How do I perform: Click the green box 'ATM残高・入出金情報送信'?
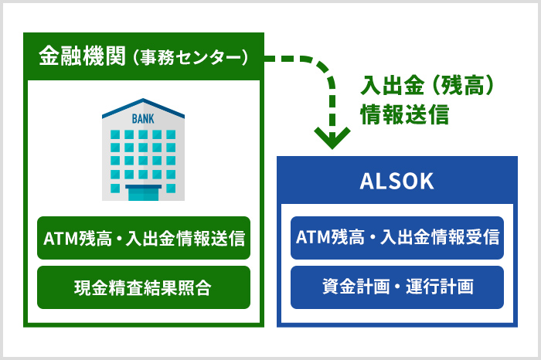(144, 238)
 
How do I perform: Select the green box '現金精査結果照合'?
(144, 287)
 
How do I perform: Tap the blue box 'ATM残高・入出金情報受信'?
(397, 238)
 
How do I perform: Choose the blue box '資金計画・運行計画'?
(397, 287)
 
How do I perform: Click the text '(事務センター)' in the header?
(190, 58)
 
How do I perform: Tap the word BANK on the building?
(143, 119)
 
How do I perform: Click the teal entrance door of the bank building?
(143, 193)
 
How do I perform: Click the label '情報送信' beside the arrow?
(405, 114)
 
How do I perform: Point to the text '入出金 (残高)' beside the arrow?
(427, 85)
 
